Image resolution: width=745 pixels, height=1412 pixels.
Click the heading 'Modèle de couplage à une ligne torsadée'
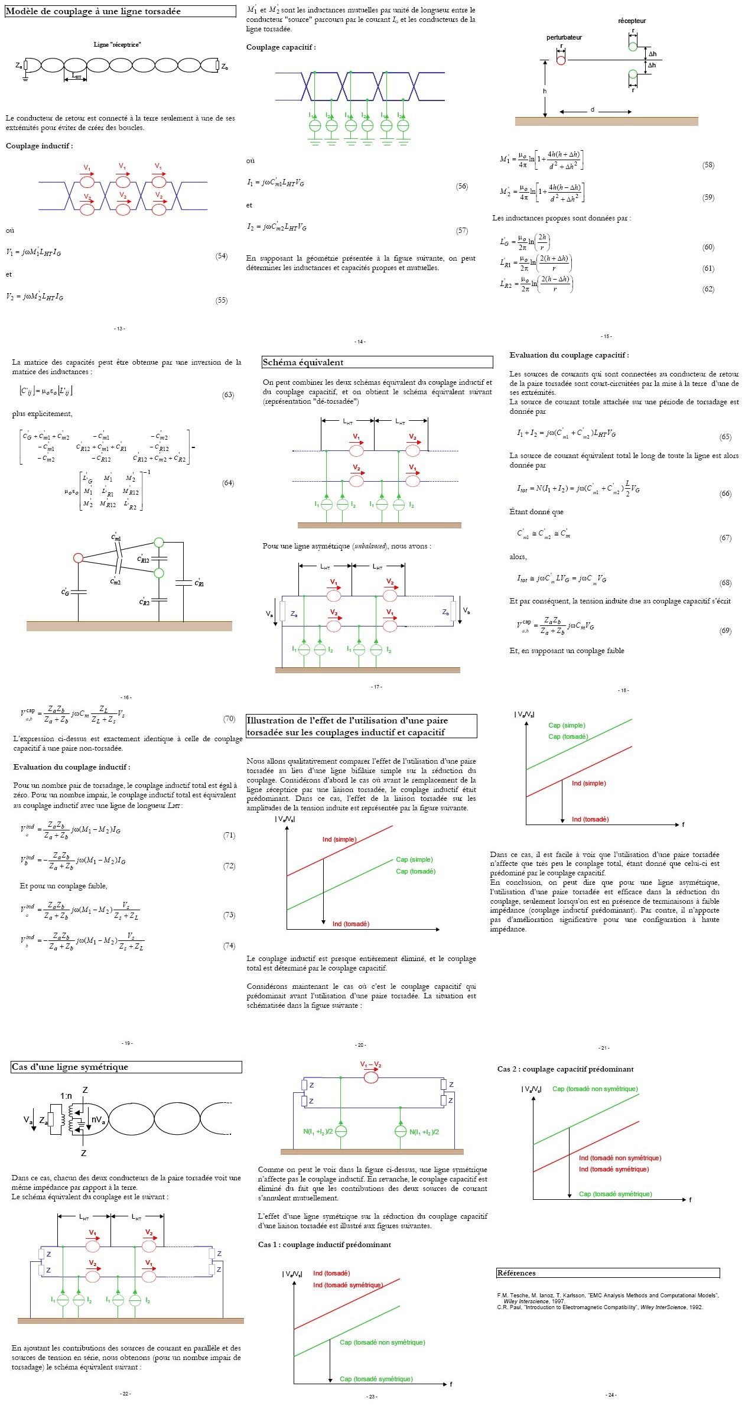pyautogui.click(x=93, y=12)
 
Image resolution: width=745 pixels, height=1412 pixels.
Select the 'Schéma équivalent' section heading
pyautogui.click(x=302, y=362)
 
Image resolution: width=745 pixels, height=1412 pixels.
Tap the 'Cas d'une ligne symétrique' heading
pyautogui.click(x=70, y=1067)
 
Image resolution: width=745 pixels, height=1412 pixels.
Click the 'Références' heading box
pyautogui.click(x=516, y=1273)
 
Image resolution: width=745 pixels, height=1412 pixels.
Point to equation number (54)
pyautogui.click(x=222, y=256)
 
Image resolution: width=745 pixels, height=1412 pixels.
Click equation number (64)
pyautogui.click(x=228, y=483)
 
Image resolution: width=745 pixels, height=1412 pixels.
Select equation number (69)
pyautogui.click(x=726, y=631)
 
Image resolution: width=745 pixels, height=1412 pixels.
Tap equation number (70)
pyautogui.click(x=229, y=719)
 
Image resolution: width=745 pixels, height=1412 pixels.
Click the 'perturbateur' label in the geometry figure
pyautogui.click(x=564, y=37)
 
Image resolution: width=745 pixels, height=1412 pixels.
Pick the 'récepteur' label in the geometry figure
pyautogui.click(x=632, y=21)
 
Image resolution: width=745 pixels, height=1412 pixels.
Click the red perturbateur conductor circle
pyautogui.click(x=561, y=60)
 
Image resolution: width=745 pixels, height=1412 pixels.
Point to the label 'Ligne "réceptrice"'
pyautogui.click(x=117, y=44)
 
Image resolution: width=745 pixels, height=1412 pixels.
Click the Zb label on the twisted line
pyautogui.click(x=225, y=67)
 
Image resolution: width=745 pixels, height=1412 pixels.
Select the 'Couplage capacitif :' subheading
pyautogui.click(x=281, y=47)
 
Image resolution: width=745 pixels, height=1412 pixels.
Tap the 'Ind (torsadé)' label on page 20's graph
pyautogui.click(x=350, y=924)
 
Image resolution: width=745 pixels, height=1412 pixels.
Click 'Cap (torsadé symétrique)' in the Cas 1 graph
pyautogui.click(x=376, y=1379)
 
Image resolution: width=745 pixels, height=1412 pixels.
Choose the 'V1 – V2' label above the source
pyautogui.click(x=370, y=1065)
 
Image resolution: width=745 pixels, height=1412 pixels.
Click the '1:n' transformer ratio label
pyautogui.click(x=66, y=1096)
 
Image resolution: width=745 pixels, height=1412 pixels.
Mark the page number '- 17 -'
pyautogui.click(x=376, y=687)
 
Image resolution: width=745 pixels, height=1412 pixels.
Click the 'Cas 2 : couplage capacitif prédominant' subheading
pyautogui.click(x=565, y=1069)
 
